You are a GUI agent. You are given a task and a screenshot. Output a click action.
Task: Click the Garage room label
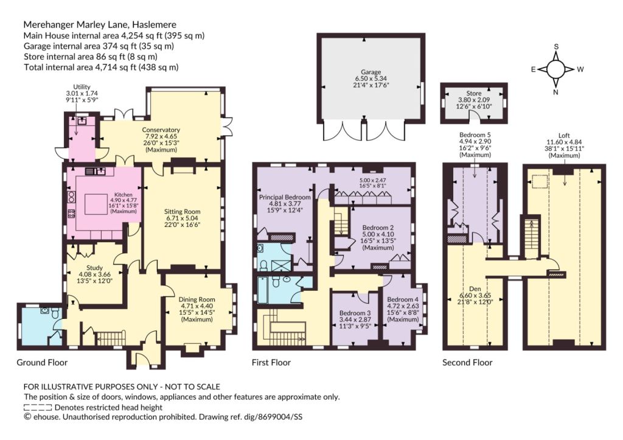(x=371, y=72)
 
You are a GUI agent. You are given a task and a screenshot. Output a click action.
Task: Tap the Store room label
(x=473, y=93)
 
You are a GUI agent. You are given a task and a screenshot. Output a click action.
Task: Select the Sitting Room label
(x=182, y=211)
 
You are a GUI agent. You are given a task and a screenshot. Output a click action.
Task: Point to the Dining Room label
(x=197, y=299)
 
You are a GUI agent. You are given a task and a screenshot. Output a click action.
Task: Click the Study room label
(x=94, y=268)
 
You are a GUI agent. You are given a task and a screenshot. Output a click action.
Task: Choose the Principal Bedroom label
(x=285, y=197)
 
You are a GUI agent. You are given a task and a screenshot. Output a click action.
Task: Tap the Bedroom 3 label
(x=355, y=313)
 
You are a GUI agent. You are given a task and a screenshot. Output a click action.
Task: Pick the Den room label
(x=475, y=288)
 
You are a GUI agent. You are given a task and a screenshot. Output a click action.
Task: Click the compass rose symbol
(x=556, y=69)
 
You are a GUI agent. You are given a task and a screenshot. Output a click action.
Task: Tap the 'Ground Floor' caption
(x=42, y=363)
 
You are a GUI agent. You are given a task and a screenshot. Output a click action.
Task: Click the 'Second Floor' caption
(x=467, y=363)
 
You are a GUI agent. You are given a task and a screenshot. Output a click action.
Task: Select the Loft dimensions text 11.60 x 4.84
(x=564, y=142)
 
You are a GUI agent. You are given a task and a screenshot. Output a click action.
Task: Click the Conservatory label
(x=161, y=130)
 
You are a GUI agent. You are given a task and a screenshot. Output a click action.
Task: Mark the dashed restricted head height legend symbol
(x=38, y=407)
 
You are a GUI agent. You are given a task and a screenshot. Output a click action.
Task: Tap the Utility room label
(x=82, y=86)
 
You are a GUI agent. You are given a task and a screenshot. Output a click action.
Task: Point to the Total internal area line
(x=101, y=67)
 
